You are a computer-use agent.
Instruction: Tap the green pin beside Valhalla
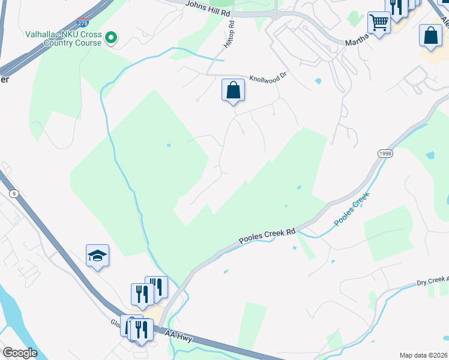tap(110, 38)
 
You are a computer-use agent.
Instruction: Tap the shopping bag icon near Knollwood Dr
tap(233, 91)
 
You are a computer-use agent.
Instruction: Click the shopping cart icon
tap(379, 23)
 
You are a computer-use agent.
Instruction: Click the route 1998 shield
tap(385, 154)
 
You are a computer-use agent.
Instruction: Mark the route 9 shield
tap(13, 193)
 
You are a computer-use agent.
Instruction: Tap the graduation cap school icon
tap(97, 256)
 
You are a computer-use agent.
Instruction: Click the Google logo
tap(20, 353)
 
